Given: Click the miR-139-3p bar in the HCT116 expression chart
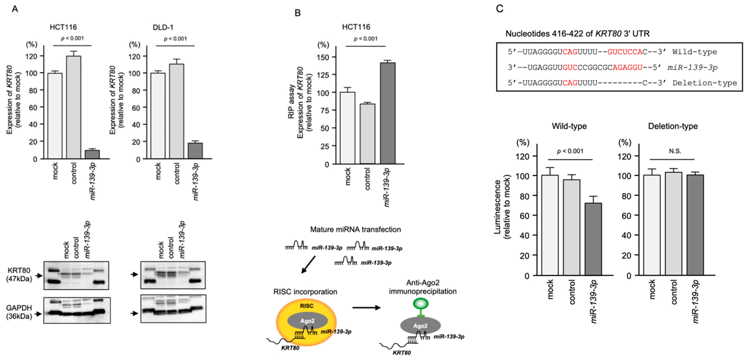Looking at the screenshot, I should (92, 154).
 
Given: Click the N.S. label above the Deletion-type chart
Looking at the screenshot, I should (675, 151).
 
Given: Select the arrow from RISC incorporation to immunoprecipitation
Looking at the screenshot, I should (366, 307).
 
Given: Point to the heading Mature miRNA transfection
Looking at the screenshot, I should (355, 230).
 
